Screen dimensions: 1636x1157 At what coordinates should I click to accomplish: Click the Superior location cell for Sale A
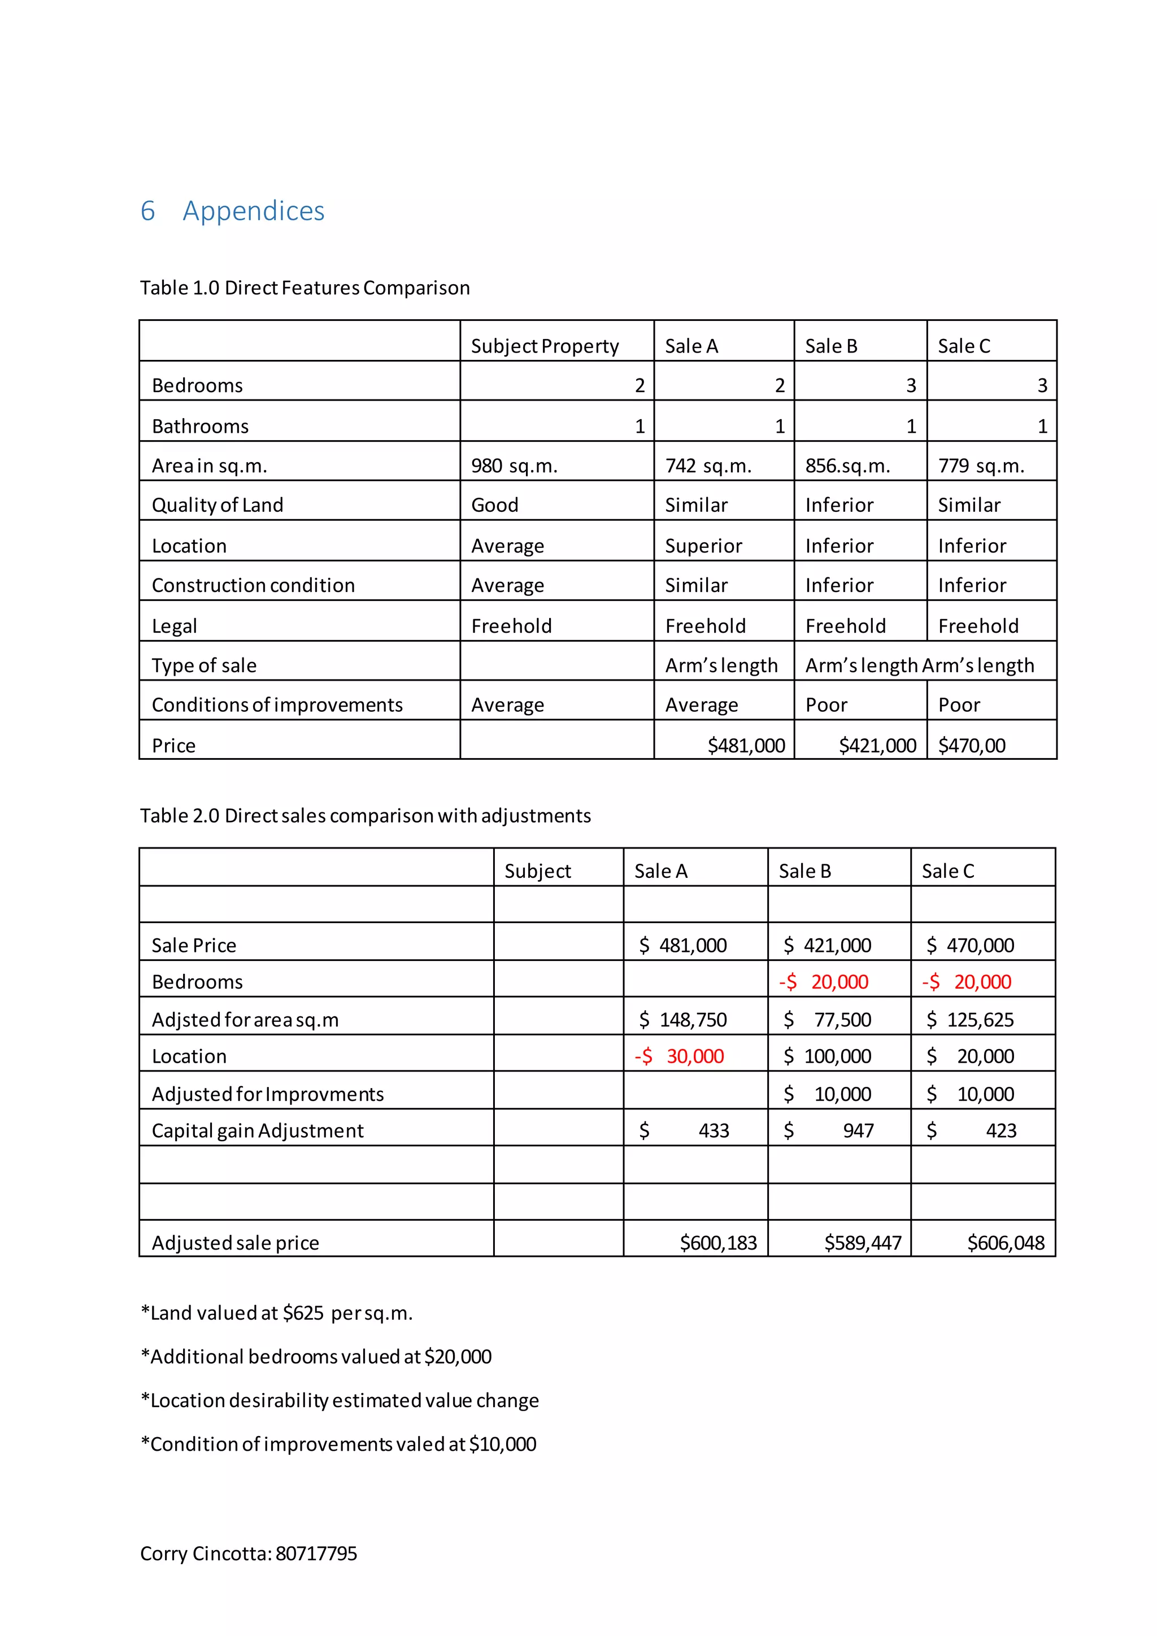tap(703, 546)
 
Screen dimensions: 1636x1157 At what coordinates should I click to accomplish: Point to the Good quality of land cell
tap(494, 505)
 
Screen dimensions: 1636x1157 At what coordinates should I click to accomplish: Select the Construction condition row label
tap(253, 585)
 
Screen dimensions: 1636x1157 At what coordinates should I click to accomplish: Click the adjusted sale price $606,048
tap(1005, 1243)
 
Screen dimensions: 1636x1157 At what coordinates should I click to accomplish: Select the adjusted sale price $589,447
tap(862, 1243)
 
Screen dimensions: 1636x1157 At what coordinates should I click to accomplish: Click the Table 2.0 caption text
tap(365, 815)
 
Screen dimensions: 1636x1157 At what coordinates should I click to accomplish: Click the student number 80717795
tap(316, 1554)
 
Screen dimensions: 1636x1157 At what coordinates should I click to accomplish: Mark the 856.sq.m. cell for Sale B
tap(847, 466)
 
